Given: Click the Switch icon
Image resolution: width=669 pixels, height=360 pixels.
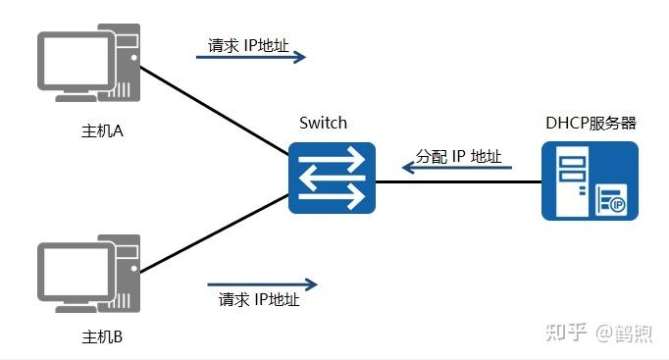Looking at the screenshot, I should click(333, 178).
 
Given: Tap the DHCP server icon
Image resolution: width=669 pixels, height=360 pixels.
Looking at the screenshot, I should click(590, 180).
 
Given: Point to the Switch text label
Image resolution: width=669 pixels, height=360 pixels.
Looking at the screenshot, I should click(324, 123).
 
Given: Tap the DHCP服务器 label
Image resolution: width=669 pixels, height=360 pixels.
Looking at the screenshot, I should click(591, 123).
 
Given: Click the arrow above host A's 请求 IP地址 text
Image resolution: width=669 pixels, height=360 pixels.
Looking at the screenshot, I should click(251, 58).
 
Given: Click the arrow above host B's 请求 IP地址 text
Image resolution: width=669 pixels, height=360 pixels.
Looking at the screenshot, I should click(262, 285).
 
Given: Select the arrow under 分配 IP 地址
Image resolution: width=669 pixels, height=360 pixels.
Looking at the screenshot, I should click(457, 169).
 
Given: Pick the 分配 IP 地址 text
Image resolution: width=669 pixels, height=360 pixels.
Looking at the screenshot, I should click(458, 156).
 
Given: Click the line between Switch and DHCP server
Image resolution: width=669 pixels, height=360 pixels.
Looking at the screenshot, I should click(459, 181).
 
